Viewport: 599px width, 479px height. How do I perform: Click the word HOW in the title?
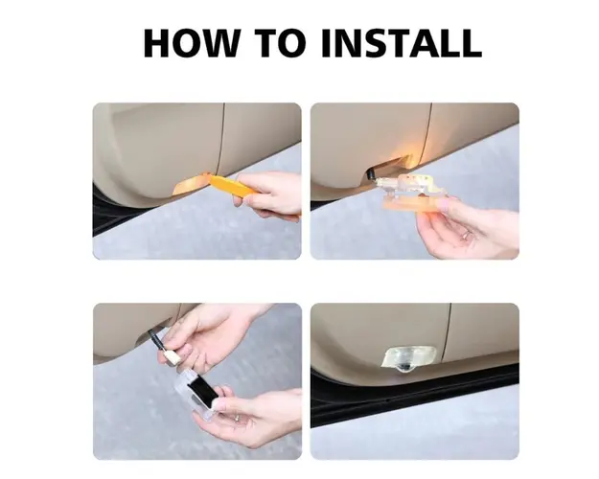(x=191, y=42)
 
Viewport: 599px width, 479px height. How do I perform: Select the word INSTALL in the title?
(x=402, y=42)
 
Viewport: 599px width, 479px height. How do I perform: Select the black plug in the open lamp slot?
(x=371, y=173)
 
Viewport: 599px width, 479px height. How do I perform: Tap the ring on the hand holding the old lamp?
(x=467, y=235)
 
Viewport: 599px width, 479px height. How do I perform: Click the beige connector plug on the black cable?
(x=167, y=357)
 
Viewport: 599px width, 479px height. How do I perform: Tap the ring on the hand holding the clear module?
(x=237, y=418)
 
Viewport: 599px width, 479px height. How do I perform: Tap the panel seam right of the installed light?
(x=448, y=333)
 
